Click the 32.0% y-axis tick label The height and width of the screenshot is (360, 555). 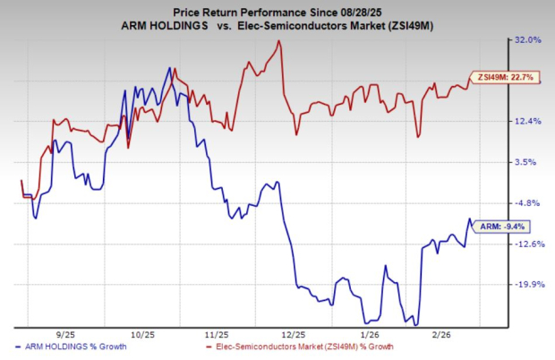tap(527, 39)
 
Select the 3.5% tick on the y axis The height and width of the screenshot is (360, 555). tap(529, 162)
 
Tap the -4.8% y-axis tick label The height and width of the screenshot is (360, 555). tap(528, 203)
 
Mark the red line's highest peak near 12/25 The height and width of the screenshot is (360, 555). tap(280, 41)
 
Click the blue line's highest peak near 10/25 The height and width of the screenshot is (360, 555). tap(168, 68)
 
